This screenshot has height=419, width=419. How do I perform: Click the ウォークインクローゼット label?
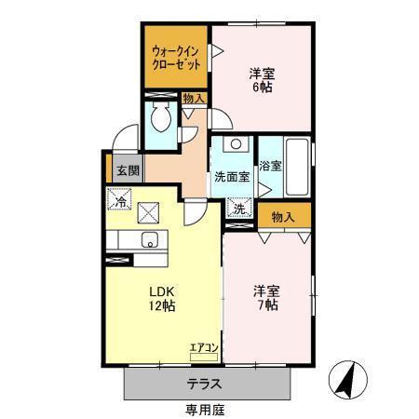point(177,58)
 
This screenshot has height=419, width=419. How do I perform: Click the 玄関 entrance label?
point(128,171)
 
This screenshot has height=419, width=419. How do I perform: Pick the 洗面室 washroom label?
point(231,176)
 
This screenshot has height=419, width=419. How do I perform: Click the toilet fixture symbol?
point(161,118)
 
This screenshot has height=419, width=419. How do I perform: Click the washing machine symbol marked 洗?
point(239,210)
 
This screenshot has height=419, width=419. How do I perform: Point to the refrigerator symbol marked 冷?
point(119,199)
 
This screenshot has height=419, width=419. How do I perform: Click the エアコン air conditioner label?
point(204,348)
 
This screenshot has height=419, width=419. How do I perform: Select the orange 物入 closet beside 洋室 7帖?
point(284,217)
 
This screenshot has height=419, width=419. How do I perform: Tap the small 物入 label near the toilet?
point(194,97)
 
